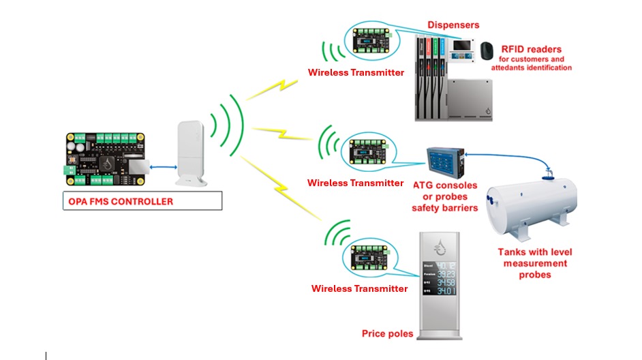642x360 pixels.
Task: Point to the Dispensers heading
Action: (x=453, y=25)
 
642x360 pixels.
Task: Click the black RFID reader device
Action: (x=486, y=51)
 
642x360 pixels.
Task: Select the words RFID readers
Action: (x=532, y=49)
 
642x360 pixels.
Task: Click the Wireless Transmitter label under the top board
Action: (x=356, y=72)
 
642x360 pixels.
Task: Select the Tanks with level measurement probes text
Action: (x=532, y=263)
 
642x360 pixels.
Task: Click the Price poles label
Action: (x=387, y=334)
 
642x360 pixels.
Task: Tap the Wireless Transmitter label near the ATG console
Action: (x=355, y=183)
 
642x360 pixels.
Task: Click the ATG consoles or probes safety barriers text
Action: (x=444, y=196)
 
